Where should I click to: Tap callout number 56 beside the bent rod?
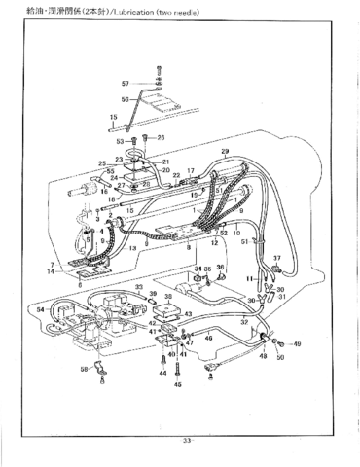pos(125,99)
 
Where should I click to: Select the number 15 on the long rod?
pos(114,117)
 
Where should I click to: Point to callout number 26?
pos(161,138)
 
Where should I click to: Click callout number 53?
pos(108,141)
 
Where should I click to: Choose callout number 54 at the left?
pos(40,309)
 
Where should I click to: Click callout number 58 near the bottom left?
pos(84,370)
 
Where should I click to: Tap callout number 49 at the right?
pos(296,344)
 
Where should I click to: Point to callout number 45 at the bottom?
pos(178,385)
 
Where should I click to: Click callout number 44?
pos(162,373)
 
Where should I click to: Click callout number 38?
pos(169,297)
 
